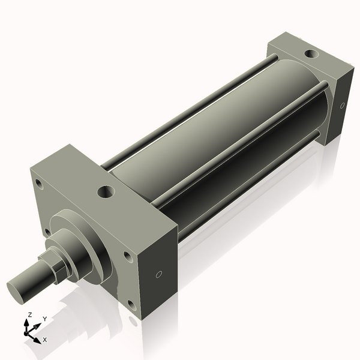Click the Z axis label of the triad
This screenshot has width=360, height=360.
pyautogui.click(x=30, y=314)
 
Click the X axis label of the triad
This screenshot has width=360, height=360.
pyautogui.click(x=45, y=340)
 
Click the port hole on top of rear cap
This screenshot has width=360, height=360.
pyautogui.click(x=311, y=54)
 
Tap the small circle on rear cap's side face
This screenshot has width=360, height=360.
pyautogui.click(x=342, y=106)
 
